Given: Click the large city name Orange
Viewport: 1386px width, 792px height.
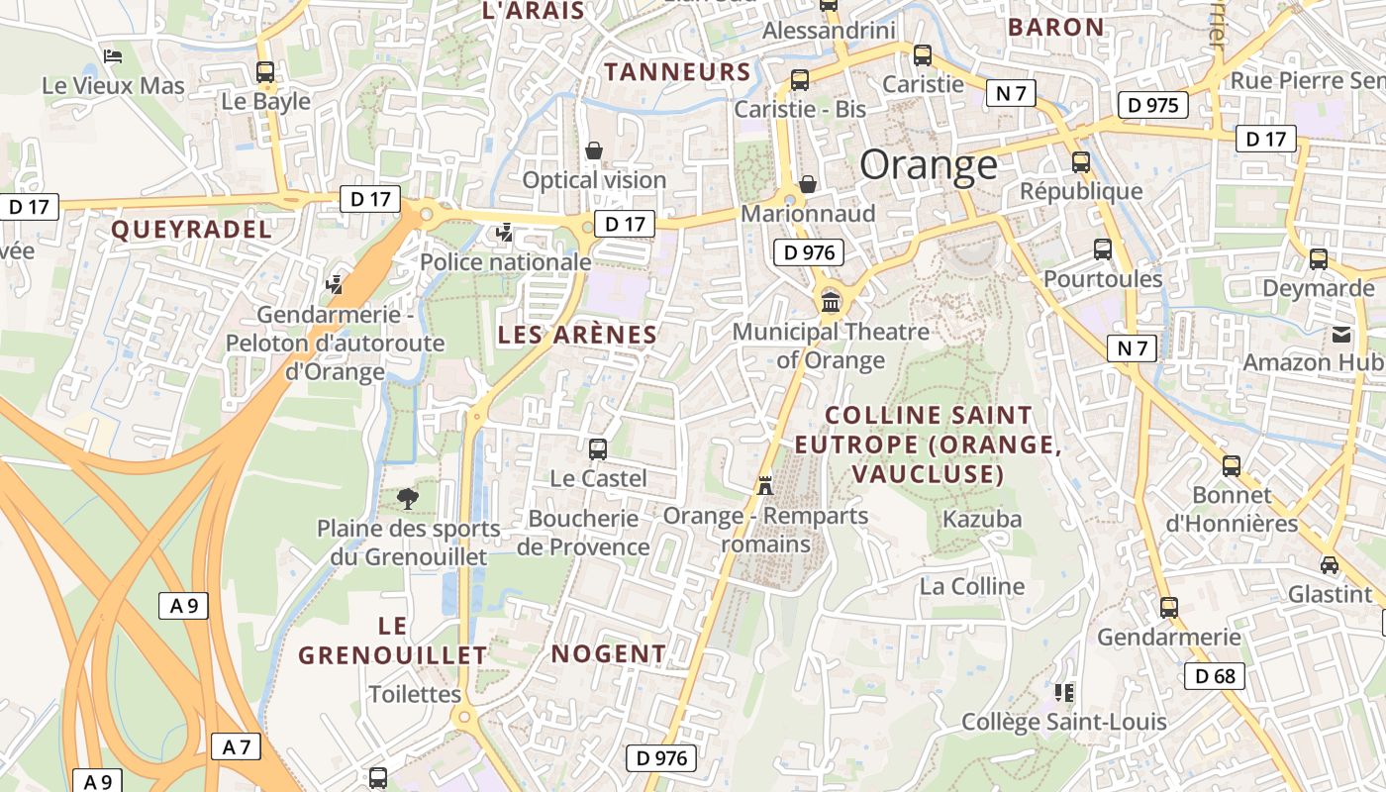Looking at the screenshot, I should (x=928, y=164).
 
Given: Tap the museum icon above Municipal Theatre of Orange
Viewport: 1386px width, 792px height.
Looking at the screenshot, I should (x=830, y=301).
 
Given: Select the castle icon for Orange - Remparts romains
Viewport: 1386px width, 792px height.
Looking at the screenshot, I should (x=764, y=485).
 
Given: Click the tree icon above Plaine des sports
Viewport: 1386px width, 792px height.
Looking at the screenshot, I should (x=406, y=498).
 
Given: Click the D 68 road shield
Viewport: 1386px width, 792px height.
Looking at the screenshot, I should (x=1215, y=676).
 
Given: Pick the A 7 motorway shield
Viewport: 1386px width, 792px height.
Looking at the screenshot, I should (x=236, y=746).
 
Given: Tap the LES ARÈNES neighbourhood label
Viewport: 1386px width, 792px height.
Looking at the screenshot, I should (x=577, y=335).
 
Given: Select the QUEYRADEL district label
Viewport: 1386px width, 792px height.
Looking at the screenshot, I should (x=191, y=230).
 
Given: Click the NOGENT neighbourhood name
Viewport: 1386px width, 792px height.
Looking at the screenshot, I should (x=608, y=653).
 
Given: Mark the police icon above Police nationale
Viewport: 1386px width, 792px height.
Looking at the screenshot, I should (x=505, y=233).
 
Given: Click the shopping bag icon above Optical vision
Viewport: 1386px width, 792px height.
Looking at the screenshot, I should (x=594, y=150).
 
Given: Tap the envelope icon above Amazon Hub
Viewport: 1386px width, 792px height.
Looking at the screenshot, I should (x=1341, y=334).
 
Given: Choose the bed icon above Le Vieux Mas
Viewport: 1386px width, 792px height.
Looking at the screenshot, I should (x=113, y=56).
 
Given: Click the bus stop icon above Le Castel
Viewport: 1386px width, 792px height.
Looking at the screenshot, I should (x=598, y=449).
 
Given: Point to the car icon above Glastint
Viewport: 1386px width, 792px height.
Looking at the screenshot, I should (x=1329, y=565).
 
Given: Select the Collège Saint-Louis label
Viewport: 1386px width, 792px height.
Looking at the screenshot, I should (x=1064, y=722).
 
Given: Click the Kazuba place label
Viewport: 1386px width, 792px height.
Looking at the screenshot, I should (x=981, y=519).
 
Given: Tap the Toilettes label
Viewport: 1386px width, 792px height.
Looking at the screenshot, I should (x=415, y=694).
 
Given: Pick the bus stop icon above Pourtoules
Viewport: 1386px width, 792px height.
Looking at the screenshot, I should (x=1102, y=249).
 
